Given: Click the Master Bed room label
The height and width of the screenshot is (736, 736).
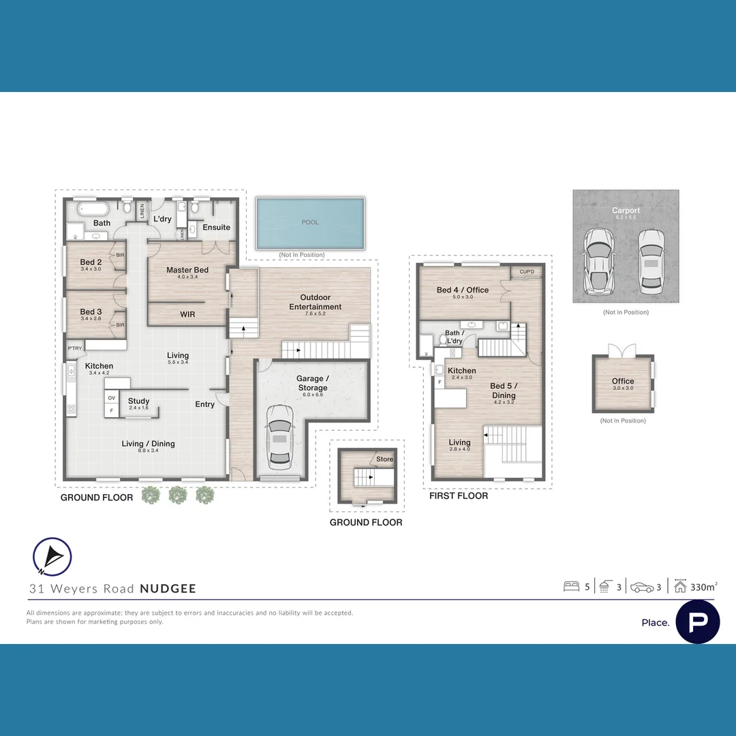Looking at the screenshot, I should (x=187, y=271).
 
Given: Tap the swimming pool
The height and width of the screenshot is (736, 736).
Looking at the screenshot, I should (x=310, y=223).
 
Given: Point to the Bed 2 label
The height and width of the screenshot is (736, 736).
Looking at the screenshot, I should (x=91, y=263).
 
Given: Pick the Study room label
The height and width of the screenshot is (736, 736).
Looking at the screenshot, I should (x=138, y=401).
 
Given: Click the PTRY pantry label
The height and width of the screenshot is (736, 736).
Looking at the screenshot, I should (x=74, y=348).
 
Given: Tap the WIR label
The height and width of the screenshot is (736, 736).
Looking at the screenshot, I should (x=187, y=314).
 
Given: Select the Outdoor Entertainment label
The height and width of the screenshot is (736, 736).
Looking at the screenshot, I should (x=315, y=302).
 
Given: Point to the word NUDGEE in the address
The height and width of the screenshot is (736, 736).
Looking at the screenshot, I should (x=168, y=589).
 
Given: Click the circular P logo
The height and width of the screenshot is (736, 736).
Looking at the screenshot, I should (x=697, y=622).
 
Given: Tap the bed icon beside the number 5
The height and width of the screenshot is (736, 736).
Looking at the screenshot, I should (x=571, y=586).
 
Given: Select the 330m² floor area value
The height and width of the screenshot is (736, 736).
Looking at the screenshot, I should (x=703, y=586).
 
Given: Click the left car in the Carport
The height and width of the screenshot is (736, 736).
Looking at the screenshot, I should (x=598, y=260).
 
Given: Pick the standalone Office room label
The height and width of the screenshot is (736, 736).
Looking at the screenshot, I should (x=623, y=382).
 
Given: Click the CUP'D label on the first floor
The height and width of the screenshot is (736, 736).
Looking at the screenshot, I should (x=526, y=271).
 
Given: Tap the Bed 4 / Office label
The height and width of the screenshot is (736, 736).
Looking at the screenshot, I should (x=463, y=290).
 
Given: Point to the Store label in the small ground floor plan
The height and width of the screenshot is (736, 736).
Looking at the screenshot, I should (x=384, y=459).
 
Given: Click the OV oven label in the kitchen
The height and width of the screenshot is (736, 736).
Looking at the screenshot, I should (x=111, y=398).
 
